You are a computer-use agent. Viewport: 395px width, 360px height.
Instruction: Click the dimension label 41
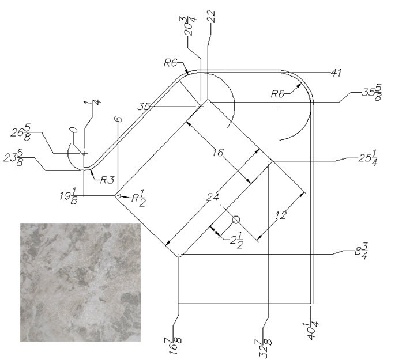pyautogui.click(x=338, y=74)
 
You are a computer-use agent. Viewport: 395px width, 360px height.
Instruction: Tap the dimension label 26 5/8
pyautogui.click(x=32, y=134)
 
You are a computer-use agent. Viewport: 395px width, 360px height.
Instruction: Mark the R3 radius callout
pyautogui.click(x=106, y=180)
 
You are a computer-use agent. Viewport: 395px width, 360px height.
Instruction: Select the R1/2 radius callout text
pyautogui.click(x=137, y=198)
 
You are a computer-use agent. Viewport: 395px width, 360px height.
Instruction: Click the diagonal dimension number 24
pyautogui.click(x=214, y=197)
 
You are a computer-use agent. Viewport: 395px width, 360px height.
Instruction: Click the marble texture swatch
pyautogui.click(x=80, y=282)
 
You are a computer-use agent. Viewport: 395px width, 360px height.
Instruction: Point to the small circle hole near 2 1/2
pyautogui.click(x=236, y=219)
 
